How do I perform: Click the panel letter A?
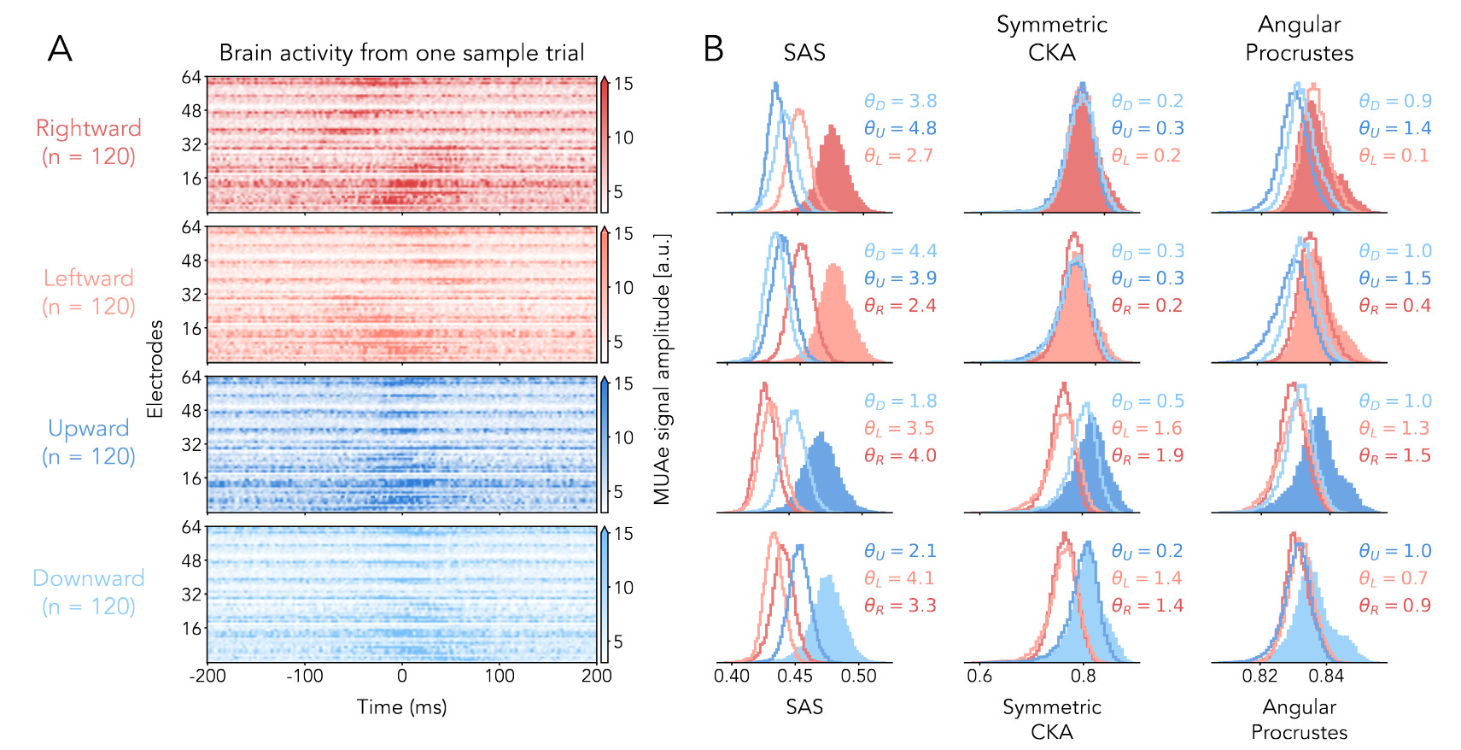[x=60, y=50]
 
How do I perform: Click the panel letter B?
[x=714, y=50]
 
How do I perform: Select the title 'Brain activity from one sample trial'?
[x=401, y=53]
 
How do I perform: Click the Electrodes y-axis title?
[x=155, y=369]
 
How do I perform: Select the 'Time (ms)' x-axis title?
[x=401, y=707]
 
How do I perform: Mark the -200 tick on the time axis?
[x=207, y=676]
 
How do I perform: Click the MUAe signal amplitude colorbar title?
[x=662, y=369]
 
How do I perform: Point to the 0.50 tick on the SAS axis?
[x=858, y=676]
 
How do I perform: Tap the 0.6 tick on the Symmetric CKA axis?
[x=979, y=676]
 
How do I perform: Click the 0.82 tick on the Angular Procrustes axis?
[x=1259, y=676]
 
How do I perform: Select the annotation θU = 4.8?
[x=900, y=128]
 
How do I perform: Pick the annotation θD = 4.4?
[x=900, y=251]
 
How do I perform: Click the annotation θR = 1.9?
[x=1148, y=455]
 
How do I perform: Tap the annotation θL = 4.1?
[x=900, y=578]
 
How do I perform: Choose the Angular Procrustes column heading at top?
[x=1299, y=38]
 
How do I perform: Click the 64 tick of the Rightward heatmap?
[x=191, y=78]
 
